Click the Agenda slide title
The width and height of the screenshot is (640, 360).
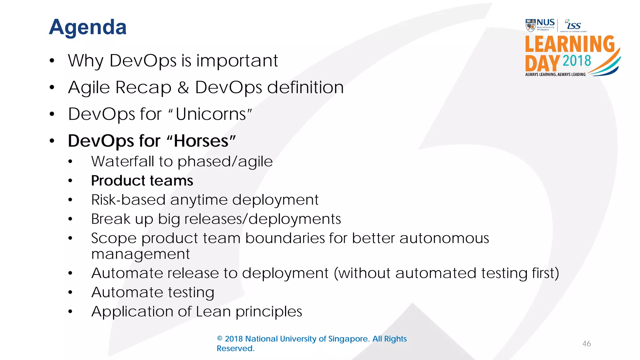point(87,27)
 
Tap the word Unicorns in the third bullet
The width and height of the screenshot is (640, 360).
point(211,114)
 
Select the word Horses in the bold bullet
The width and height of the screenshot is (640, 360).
point(201,141)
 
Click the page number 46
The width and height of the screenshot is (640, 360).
point(587,344)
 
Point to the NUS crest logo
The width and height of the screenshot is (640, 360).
point(531,26)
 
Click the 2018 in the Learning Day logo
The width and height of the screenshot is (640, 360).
point(577,61)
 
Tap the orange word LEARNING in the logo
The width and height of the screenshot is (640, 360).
point(570,44)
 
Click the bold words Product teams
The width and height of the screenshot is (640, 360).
point(142,181)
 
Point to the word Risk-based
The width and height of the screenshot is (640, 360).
point(128,200)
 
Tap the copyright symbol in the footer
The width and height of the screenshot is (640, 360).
point(220,339)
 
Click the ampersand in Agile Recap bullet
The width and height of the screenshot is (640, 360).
point(183,87)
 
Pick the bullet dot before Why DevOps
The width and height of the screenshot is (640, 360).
point(52,61)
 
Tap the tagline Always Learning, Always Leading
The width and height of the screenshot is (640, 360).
point(555,74)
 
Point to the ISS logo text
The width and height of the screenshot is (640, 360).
point(573,25)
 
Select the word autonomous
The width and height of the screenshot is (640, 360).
point(444,238)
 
